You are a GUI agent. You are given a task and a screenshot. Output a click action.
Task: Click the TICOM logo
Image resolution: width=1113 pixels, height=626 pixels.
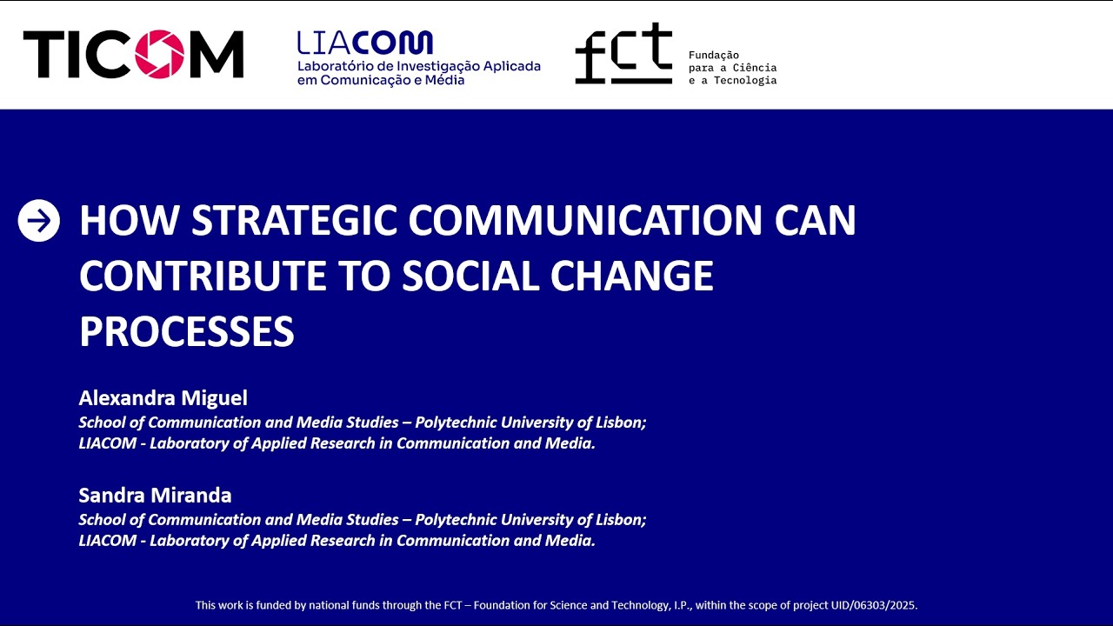pos(133,54)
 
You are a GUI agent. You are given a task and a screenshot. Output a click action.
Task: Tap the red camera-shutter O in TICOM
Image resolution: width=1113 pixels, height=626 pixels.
pos(159,54)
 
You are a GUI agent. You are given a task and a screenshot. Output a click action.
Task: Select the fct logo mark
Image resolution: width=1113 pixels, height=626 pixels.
pos(623,54)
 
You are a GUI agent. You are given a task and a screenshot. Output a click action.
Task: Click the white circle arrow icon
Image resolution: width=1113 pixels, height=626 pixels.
pos(39,221)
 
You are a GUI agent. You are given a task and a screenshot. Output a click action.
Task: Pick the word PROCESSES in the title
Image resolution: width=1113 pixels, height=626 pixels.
pos(186,331)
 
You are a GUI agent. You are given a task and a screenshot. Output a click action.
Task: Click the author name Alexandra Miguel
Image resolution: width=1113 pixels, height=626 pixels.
pos(163,398)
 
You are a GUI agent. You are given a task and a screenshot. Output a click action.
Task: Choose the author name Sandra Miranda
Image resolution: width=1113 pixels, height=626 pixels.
pos(155,496)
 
